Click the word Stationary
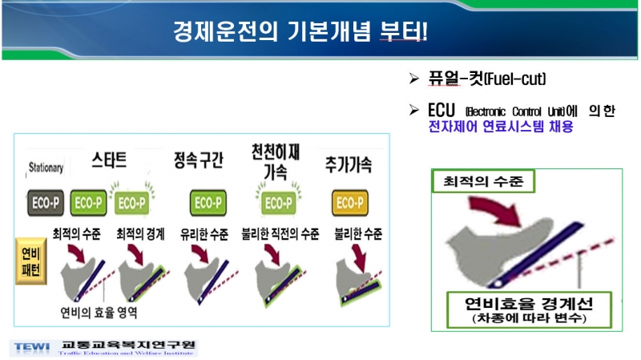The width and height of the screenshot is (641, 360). (46, 168)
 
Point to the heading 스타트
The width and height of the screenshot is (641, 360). (109, 159)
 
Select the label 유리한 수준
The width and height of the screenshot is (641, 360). (205, 235)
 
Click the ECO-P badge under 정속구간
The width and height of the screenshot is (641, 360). (205, 201)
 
